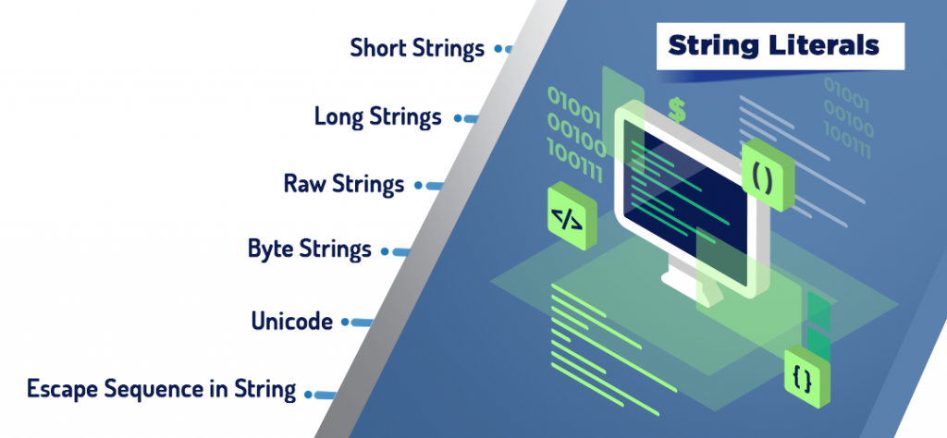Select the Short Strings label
pyautogui.click(x=416, y=48)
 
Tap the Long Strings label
pyautogui.click(x=377, y=117)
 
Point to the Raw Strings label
pyautogui.click(x=343, y=184)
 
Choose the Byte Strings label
pyautogui.click(x=309, y=249)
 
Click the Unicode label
pyautogui.click(x=291, y=322)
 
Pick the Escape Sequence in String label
pyautogui.click(x=161, y=389)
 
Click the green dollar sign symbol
pyautogui.click(x=677, y=110)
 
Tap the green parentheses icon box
pyautogui.click(x=762, y=176)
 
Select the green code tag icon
pyautogui.click(x=566, y=219)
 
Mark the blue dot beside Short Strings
pyautogui.click(x=498, y=47)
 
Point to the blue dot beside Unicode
pyautogui.click(x=345, y=322)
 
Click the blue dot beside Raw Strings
pyautogui.click(x=418, y=185)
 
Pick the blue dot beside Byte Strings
pyautogui.click(x=386, y=249)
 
